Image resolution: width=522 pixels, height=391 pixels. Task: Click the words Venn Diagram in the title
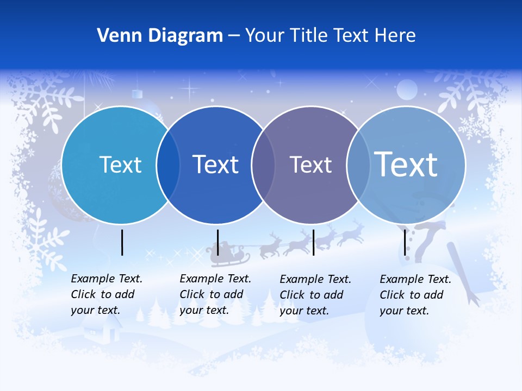point(160,36)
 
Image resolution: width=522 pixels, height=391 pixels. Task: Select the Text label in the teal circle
point(120,165)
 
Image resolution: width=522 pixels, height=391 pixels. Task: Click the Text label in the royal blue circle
point(216,165)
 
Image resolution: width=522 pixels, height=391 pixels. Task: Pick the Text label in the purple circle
point(310,165)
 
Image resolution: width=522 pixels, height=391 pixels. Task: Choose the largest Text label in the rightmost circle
point(406,164)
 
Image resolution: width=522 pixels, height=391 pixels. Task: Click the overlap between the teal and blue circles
point(168,165)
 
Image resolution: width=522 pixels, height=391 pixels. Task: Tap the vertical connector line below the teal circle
point(122,242)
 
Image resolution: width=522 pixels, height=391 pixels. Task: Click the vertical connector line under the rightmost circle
point(405,242)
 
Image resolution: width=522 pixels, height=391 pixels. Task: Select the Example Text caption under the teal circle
point(106,294)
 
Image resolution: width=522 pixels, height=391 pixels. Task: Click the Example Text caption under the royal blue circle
point(215,294)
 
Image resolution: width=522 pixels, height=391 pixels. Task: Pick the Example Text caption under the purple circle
point(315,295)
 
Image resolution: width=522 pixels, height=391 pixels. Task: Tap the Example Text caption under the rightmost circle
point(415,295)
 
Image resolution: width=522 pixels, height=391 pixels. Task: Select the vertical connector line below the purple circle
point(313,242)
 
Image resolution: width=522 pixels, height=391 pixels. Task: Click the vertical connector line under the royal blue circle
point(217,242)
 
